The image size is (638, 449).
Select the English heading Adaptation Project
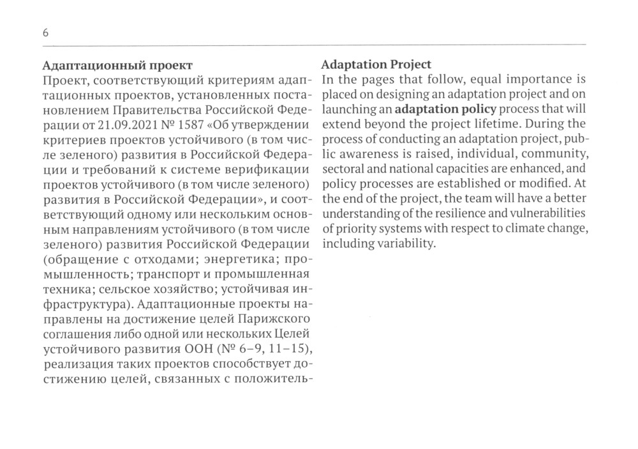376,65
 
